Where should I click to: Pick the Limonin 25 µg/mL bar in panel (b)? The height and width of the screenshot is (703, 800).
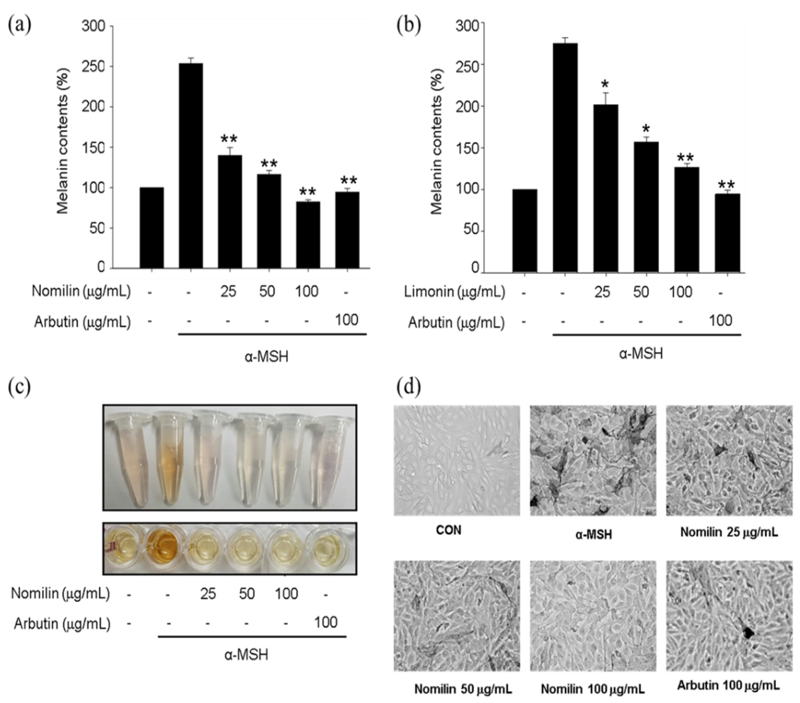605,188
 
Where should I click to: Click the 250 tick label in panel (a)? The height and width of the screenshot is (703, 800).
93,67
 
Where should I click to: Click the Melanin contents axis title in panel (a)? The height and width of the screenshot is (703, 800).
63,141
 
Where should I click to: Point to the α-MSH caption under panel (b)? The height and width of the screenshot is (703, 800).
641,354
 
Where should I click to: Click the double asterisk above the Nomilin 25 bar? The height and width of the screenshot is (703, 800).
229,140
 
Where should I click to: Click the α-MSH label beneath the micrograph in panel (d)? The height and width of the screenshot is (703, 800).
593,534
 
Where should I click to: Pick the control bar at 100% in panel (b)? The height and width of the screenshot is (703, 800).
524,231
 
